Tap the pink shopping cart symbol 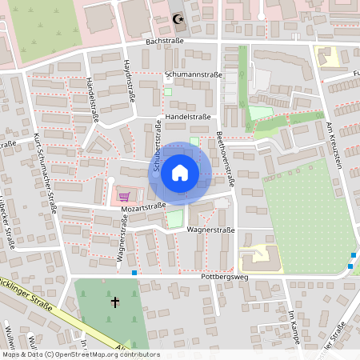pyautogui.click(x=124, y=196)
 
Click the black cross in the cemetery pyautogui.click(x=114, y=302)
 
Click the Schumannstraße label pyautogui.click(x=193, y=74)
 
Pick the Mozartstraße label pyautogui.click(x=143, y=206)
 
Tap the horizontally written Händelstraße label pyautogui.click(x=187, y=117)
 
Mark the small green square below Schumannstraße pyautogui.click(x=168, y=91)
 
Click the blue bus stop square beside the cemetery pyautogui.click(x=134, y=273)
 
